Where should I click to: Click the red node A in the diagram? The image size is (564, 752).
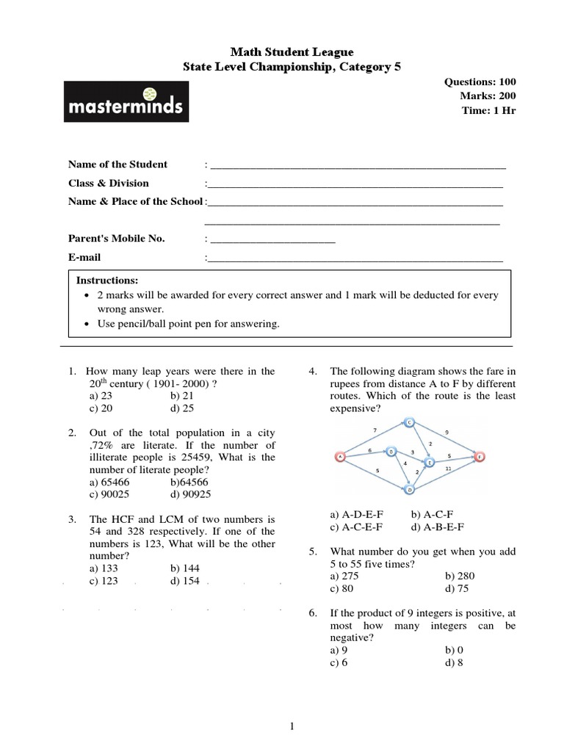pyautogui.click(x=340, y=456)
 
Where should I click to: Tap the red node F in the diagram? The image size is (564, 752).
pyautogui.click(x=480, y=456)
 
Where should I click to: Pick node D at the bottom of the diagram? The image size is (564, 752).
pyautogui.click(x=410, y=489)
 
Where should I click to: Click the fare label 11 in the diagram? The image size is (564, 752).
pyautogui.click(x=448, y=469)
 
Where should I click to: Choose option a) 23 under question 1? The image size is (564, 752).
pyautogui.click(x=99, y=396)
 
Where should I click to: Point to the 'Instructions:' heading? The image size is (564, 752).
pyautogui.click(x=107, y=281)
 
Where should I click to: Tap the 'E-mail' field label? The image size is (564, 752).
pyautogui.click(x=84, y=258)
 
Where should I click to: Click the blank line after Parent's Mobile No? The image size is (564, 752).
pyautogui.click(x=272, y=239)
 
